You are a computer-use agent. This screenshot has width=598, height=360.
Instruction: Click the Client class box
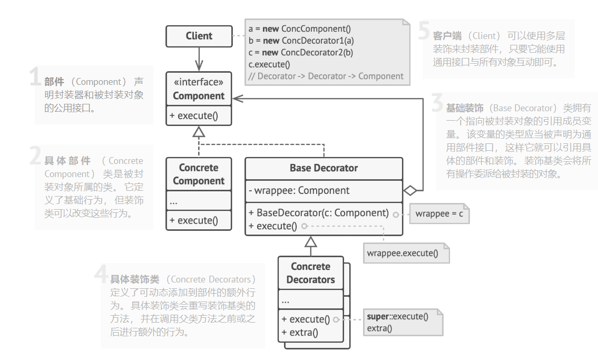click(x=199, y=36)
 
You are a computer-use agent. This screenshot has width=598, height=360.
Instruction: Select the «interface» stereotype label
click(x=199, y=82)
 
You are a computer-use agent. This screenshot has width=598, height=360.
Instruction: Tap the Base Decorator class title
click(x=323, y=168)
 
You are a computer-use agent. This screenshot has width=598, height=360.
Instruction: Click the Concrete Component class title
click(x=199, y=174)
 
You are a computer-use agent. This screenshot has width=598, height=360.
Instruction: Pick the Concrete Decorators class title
click(x=310, y=273)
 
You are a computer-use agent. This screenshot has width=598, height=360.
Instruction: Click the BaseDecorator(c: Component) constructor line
click(x=318, y=213)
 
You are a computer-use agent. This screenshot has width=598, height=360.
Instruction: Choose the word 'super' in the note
click(x=378, y=316)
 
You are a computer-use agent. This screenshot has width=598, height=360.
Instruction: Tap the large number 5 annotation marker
click(x=424, y=32)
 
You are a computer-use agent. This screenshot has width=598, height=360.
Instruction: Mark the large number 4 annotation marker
click(x=101, y=274)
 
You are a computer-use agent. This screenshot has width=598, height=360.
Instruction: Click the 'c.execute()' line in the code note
click(x=269, y=64)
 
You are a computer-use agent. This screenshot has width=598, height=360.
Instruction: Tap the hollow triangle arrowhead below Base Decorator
click(x=311, y=242)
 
